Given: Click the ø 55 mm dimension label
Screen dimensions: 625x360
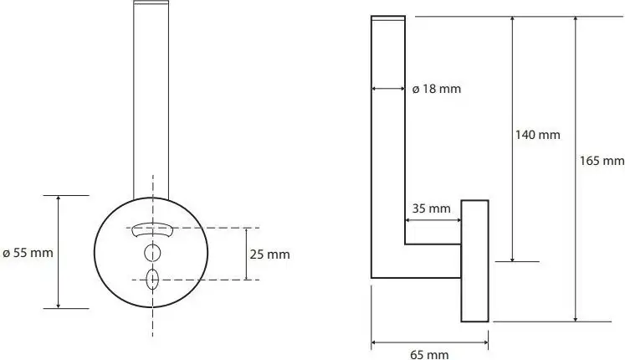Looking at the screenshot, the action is [x=28, y=253].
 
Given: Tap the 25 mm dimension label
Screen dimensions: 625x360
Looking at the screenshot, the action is [x=270, y=255].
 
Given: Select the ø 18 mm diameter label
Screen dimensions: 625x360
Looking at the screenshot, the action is [x=437, y=89].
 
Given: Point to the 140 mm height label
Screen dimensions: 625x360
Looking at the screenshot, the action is [x=538, y=135].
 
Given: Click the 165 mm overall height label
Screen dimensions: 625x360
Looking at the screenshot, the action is [x=602, y=161].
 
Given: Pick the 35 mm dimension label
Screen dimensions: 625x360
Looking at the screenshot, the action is [x=431, y=208].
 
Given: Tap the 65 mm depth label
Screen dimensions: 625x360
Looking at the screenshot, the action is [x=429, y=354].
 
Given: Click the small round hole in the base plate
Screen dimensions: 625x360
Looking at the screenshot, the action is [x=152, y=253].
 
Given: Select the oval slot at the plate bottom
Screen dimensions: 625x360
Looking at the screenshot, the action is [x=152, y=279].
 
